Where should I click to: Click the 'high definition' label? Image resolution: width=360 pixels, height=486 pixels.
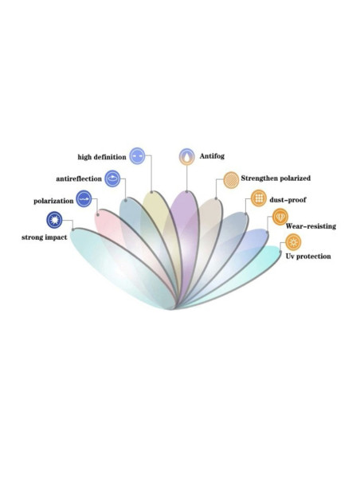102,157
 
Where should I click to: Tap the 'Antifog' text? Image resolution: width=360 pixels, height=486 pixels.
212,156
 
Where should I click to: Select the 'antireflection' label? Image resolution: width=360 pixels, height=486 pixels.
79,178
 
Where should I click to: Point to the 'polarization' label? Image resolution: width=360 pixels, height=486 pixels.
53,201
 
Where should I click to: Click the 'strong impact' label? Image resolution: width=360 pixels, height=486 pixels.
45,237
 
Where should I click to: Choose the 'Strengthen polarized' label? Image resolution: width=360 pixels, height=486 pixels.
276,178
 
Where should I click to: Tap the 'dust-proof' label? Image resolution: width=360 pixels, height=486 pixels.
288,200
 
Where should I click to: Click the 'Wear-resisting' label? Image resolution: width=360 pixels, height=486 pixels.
311,226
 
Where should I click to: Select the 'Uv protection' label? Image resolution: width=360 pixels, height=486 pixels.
308,257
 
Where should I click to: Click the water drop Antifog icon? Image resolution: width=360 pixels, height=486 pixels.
187,156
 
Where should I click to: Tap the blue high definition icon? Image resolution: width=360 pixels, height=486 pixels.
137,155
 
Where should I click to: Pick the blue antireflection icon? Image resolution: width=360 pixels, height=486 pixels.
112,178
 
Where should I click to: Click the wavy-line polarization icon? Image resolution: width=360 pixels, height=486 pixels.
84,199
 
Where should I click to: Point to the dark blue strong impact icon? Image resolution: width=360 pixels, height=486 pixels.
54,220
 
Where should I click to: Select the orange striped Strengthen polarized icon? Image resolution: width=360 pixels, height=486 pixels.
231,180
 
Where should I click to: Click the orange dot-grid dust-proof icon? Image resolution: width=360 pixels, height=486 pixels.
259,198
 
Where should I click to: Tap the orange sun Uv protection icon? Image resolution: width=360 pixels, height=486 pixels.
293,242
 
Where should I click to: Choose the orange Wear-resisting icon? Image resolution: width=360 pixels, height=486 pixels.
280,217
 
